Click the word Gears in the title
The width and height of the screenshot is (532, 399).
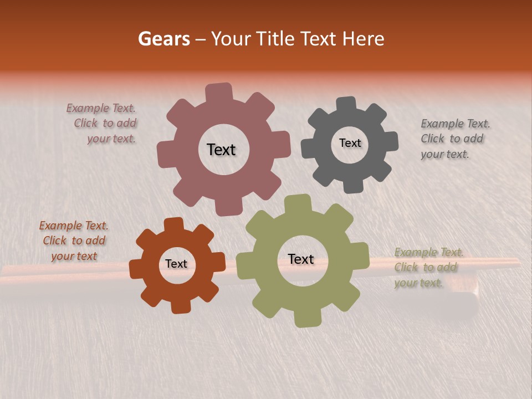[x=163, y=39]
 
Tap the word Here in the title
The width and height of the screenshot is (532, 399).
[x=363, y=39]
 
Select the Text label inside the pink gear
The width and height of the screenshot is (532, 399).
[x=221, y=150]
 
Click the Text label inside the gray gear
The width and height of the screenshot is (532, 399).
[x=350, y=143]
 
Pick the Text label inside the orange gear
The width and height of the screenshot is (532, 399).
[x=176, y=264]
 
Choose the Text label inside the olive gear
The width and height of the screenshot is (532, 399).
[x=300, y=259]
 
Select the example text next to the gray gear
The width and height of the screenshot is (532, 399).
[x=454, y=139]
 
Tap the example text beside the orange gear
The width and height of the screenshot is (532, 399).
[x=74, y=241]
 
